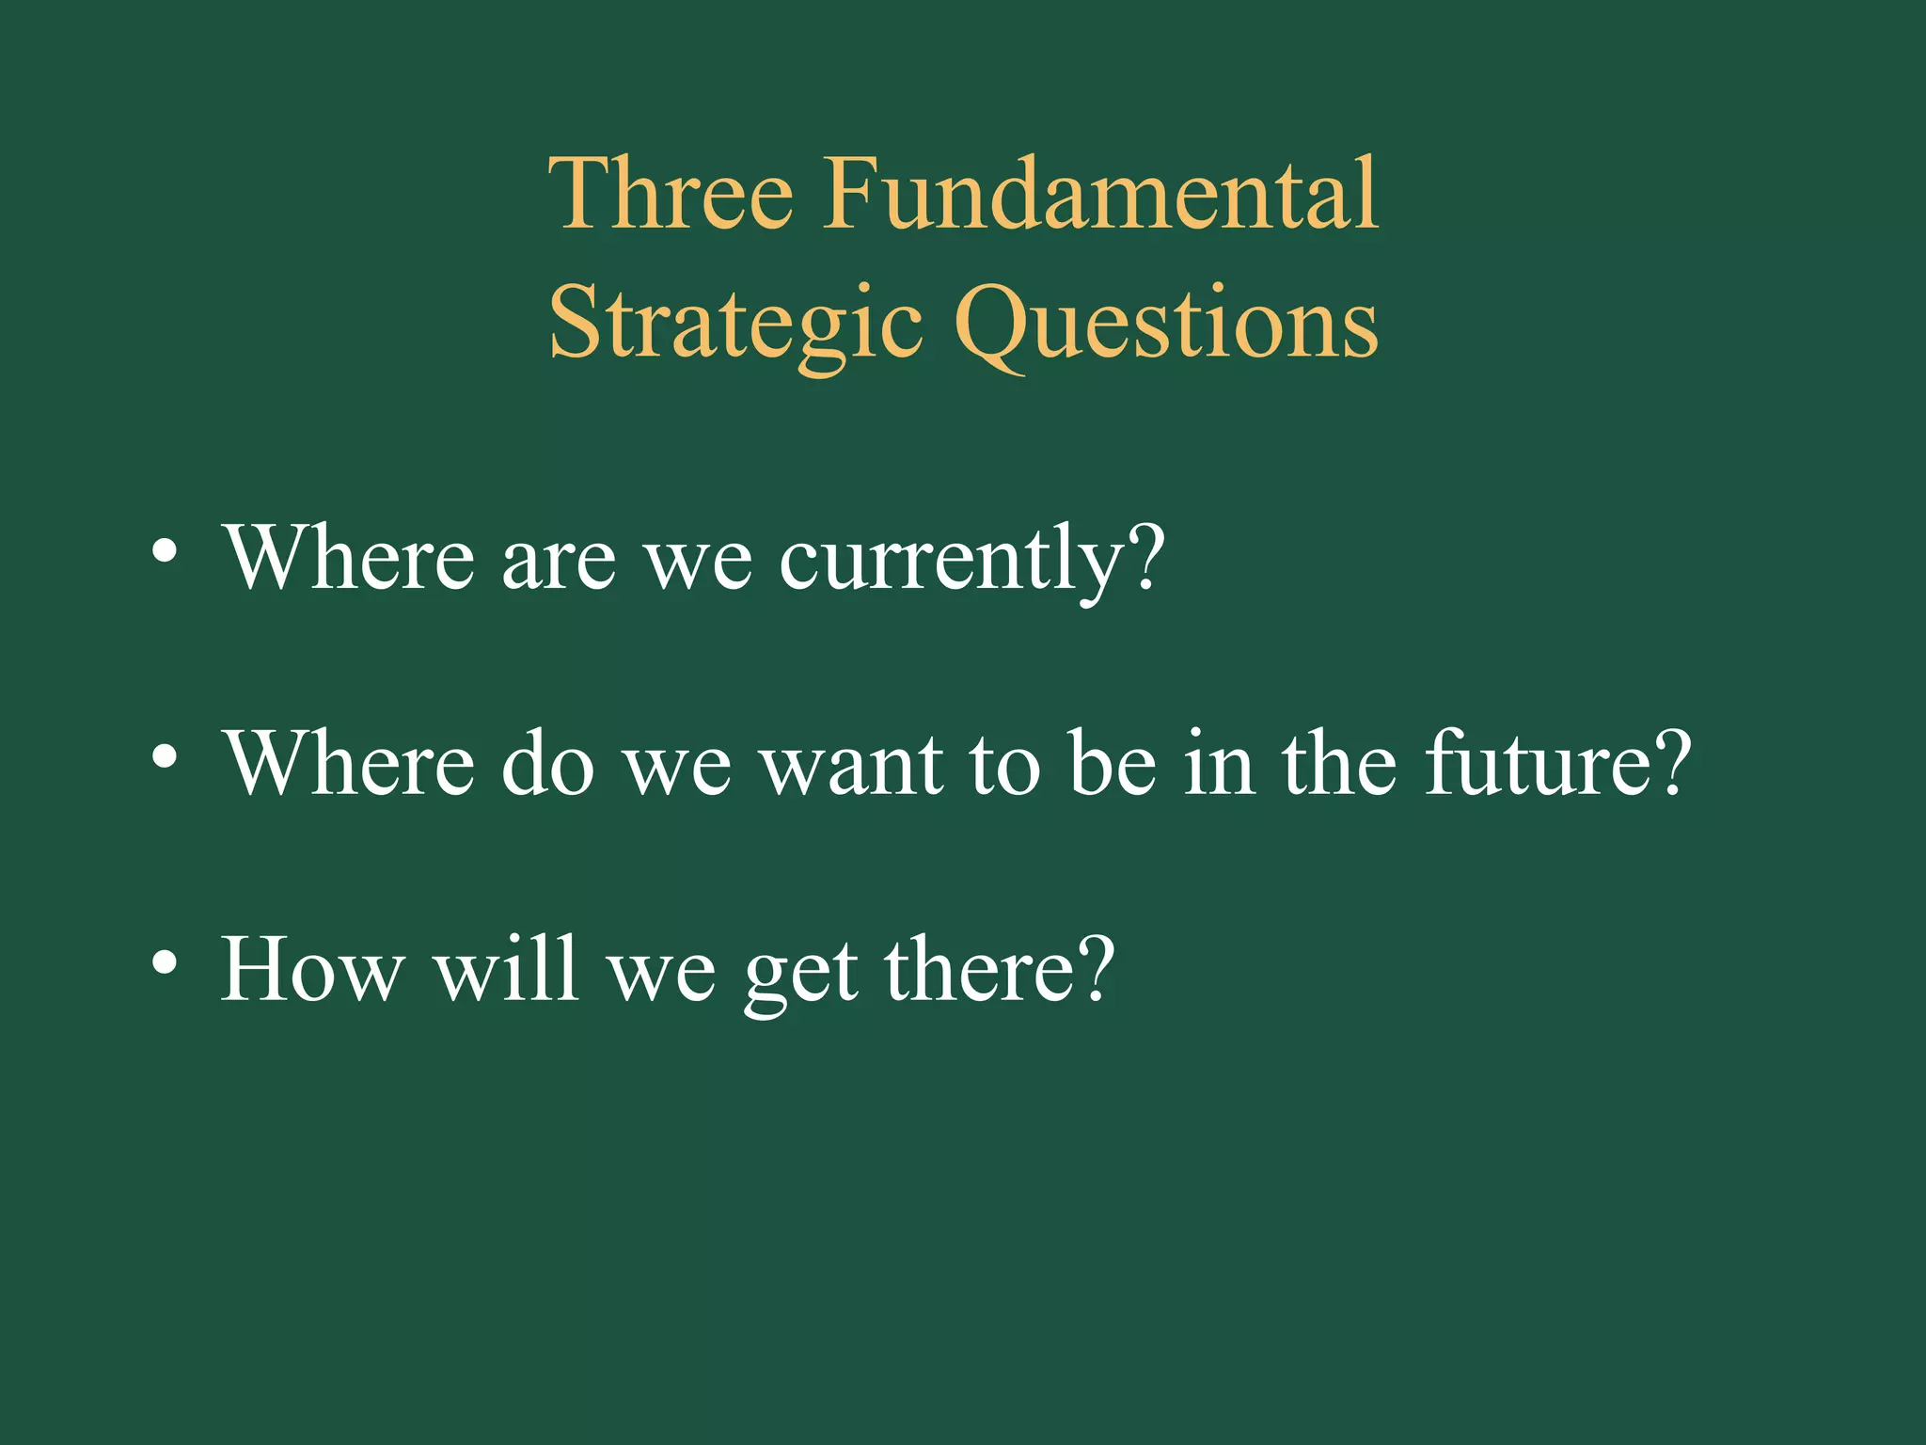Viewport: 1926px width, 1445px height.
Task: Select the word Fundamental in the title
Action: pyautogui.click(x=1100, y=195)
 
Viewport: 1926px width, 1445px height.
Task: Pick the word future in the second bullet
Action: pyautogui.click(x=1537, y=764)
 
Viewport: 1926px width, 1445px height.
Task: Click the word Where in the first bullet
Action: pyautogui.click(x=348, y=559)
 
